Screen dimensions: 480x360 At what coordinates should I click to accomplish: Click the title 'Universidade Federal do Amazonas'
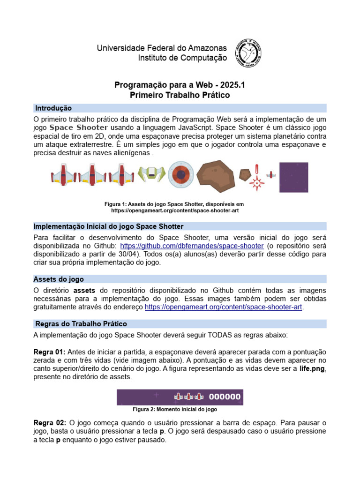coord(162,48)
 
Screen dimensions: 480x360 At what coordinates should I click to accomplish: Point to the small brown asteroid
coord(245,176)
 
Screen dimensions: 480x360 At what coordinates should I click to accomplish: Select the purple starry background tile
coord(294,177)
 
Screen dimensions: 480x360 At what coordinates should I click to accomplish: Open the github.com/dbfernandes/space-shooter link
coord(192,246)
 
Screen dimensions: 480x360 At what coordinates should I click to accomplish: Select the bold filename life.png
coord(312,368)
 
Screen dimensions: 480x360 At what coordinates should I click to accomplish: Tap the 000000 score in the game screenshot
coord(225,397)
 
